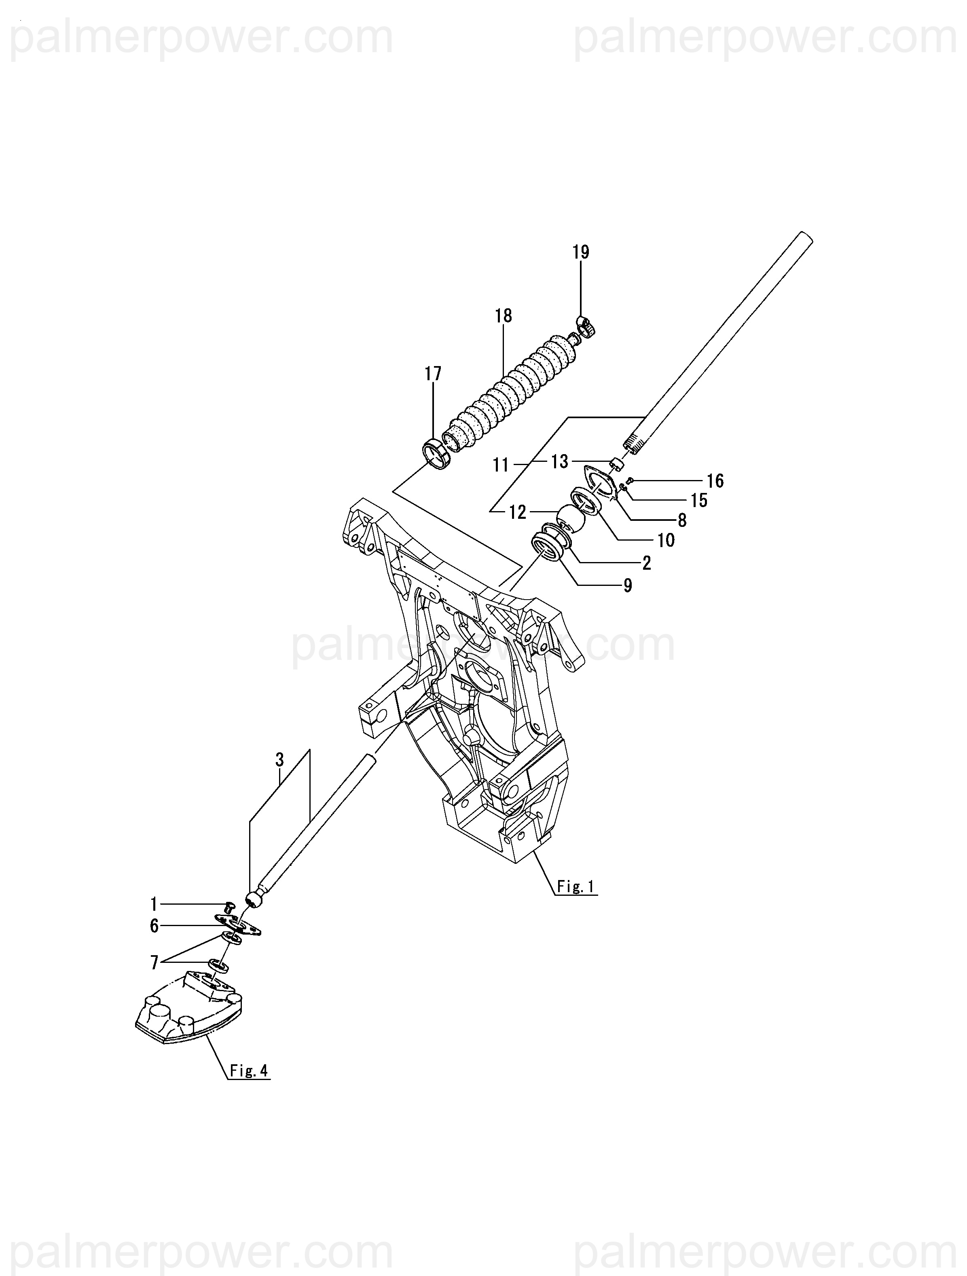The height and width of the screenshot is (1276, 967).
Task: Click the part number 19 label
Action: click(581, 252)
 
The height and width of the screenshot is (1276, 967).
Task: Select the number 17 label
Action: click(433, 374)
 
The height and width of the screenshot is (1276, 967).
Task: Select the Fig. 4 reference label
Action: click(249, 1071)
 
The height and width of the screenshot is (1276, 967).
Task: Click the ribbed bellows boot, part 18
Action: click(508, 392)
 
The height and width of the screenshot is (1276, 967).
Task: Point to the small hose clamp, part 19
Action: click(586, 327)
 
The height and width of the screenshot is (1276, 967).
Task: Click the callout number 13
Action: click(559, 461)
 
